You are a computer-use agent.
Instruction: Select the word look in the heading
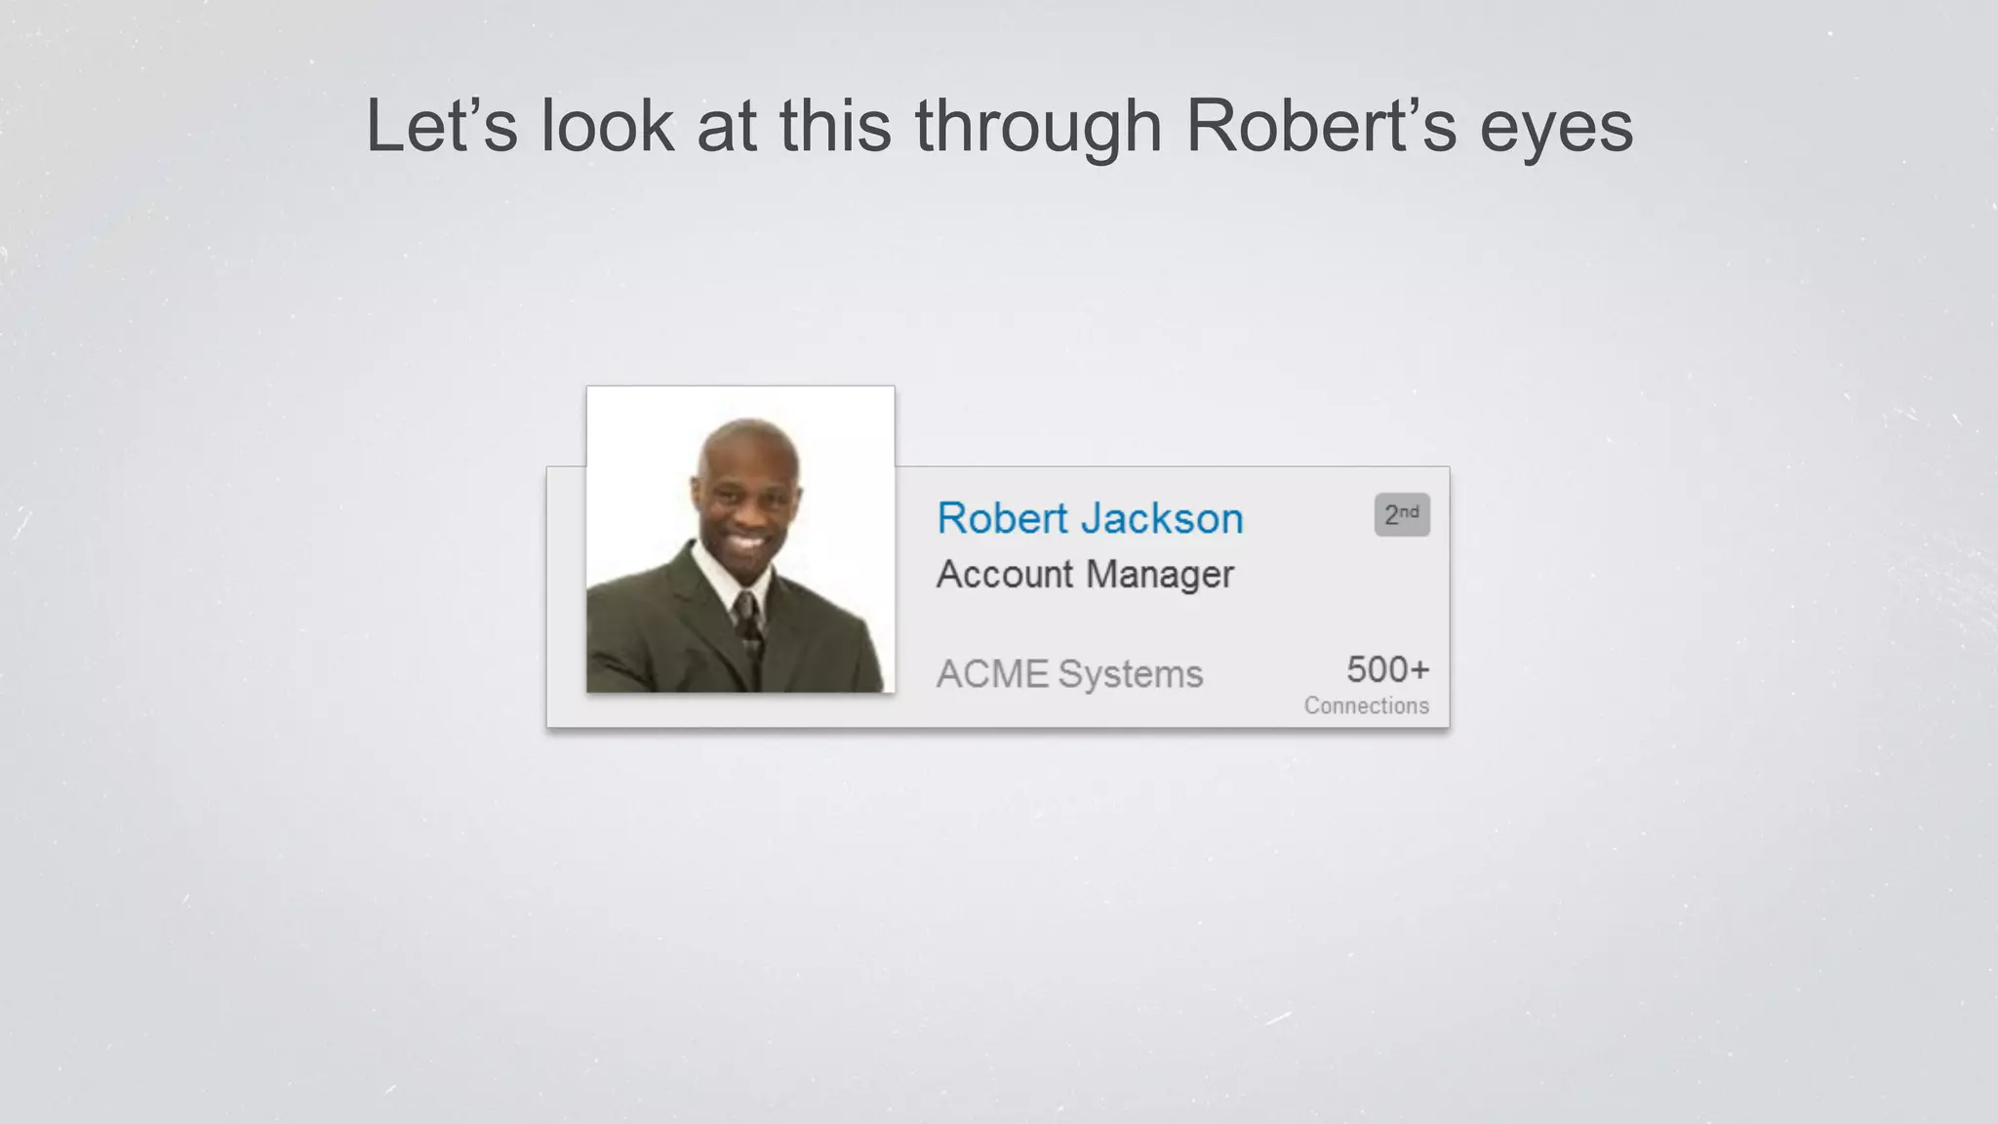click(607, 126)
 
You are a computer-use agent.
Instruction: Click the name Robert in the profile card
click(1002, 518)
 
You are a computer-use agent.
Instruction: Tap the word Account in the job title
click(1004, 574)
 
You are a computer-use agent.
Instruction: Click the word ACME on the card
click(992, 674)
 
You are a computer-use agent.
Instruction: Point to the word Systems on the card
click(1131, 675)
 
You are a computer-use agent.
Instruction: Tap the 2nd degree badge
click(1401, 514)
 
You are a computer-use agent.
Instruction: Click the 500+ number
click(1387, 669)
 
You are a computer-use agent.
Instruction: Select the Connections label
click(1366, 705)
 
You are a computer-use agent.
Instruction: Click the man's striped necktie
click(748, 624)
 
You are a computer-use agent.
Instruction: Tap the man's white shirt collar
click(717, 576)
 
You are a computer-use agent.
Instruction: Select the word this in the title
click(835, 126)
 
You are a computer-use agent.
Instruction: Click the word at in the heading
click(726, 126)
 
